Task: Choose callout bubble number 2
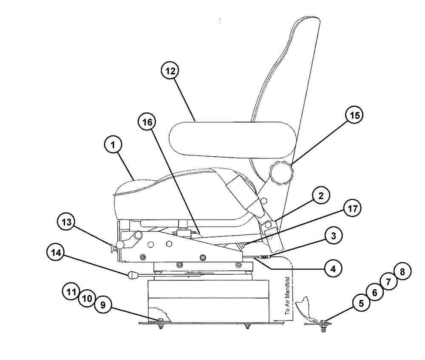click(321, 197)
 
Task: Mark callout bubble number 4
click(333, 269)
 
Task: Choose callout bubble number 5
click(361, 303)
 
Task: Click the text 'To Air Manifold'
click(287, 295)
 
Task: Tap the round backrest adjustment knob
click(281, 174)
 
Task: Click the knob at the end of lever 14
click(131, 276)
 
